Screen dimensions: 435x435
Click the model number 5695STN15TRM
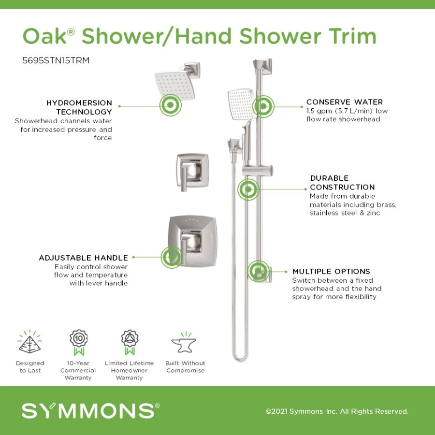click(x=56, y=60)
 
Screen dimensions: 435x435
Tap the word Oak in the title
click(x=44, y=36)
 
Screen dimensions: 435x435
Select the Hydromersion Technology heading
click(x=79, y=107)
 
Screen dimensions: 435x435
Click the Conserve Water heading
click(x=344, y=102)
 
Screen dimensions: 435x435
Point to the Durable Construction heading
click(x=342, y=183)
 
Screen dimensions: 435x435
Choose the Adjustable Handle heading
click(x=83, y=258)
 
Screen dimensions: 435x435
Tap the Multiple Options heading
click(x=331, y=271)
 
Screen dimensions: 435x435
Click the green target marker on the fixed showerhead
click(x=170, y=105)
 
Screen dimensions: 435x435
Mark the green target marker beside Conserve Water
click(x=263, y=106)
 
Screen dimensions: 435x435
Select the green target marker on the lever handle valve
click(x=172, y=257)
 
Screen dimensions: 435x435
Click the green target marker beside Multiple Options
click(x=259, y=271)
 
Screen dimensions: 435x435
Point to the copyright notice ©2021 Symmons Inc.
click(x=337, y=411)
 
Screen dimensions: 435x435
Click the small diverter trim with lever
click(x=192, y=172)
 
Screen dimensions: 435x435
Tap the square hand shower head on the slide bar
click(x=241, y=104)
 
